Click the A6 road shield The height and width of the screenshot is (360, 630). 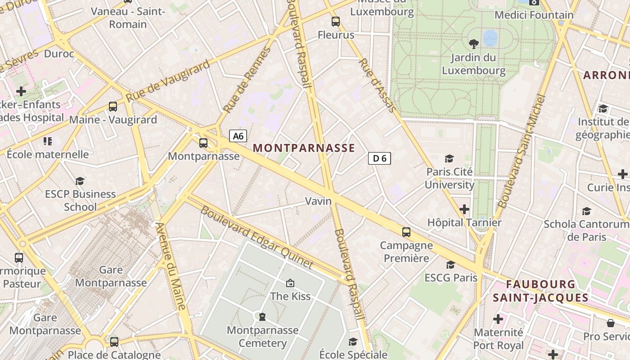tap(238, 136)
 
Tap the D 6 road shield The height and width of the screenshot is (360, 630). tap(379, 158)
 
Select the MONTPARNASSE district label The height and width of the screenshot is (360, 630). tap(304, 148)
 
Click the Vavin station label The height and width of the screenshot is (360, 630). tap(318, 201)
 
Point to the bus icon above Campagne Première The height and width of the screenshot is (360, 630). tap(406, 232)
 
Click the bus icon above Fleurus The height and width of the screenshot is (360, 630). tap(336, 22)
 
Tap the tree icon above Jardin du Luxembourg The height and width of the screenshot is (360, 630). tap(473, 44)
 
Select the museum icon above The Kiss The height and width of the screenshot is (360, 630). tap(290, 283)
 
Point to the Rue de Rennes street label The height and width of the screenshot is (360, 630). tap(247, 80)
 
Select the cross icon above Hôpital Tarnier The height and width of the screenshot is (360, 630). tap(464, 209)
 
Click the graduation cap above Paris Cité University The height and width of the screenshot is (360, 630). tap(449, 158)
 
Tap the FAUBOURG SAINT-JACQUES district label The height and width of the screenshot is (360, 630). tap(540, 291)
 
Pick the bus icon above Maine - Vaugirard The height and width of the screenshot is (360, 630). tap(113, 107)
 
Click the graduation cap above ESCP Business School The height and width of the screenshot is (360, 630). tap(80, 181)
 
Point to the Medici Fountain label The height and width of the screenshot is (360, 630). tap(534, 15)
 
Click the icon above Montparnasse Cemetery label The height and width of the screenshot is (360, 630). tap(262, 317)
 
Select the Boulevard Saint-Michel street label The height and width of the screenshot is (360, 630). tap(522, 151)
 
